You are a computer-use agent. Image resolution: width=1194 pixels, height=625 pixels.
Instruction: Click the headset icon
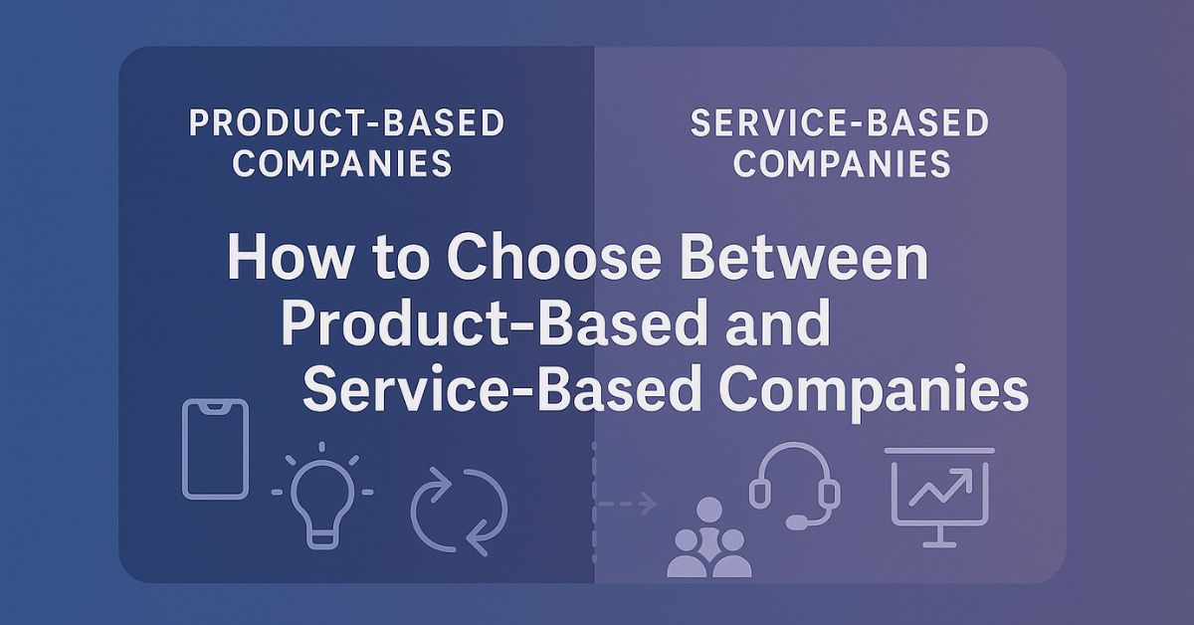[794, 447]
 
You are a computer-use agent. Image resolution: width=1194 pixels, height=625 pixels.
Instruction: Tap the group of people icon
[708, 538]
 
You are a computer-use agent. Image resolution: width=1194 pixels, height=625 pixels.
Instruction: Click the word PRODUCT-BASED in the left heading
[346, 123]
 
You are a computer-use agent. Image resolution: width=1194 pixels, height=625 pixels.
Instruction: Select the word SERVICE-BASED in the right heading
[840, 123]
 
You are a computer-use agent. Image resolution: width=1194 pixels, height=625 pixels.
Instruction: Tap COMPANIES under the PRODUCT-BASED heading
[342, 163]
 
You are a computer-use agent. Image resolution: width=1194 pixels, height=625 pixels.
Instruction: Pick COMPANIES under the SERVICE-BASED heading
[842, 163]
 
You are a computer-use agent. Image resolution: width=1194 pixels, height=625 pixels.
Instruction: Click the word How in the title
[290, 258]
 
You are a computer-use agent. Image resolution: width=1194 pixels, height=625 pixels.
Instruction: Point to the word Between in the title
[805, 258]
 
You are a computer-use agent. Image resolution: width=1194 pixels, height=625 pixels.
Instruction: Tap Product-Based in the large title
[491, 322]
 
